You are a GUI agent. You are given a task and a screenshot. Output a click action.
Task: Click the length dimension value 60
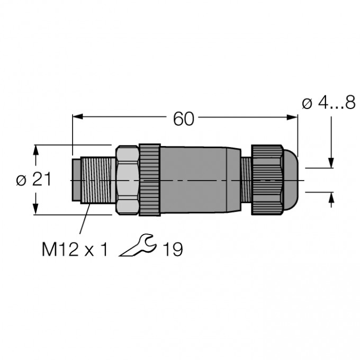click(x=184, y=119)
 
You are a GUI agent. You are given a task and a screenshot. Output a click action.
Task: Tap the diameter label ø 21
click(x=34, y=179)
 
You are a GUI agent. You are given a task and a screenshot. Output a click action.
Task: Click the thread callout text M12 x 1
click(x=75, y=249)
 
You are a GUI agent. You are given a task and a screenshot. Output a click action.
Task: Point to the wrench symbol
click(x=138, y=245)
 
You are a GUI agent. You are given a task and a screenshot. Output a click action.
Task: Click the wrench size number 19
click(x=173, y=249)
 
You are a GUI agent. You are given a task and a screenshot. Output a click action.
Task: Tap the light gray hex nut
click(x=127, y=180)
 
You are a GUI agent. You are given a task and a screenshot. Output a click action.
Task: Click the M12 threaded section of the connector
click(x=98, y=180)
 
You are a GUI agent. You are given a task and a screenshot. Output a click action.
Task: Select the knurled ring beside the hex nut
click(x=150, y=180)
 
